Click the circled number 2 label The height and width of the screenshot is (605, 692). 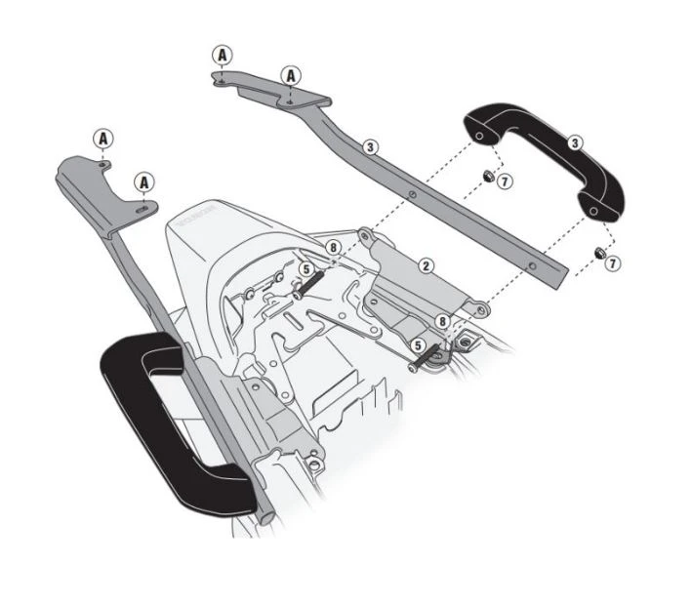coord(427,265)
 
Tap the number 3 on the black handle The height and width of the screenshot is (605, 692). coord(575,142)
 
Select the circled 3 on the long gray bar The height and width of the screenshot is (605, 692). coord(369,147)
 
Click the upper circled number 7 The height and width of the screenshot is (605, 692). coord(504,181)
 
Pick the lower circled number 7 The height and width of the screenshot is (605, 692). coord(612,262)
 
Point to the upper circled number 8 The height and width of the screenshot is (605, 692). coord(333,248)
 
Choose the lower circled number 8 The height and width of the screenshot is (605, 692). coord(442,320)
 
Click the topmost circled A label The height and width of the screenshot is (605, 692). coord(224,55)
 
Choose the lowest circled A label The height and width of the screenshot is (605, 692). coord(144,181)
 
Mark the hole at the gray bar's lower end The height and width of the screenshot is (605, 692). coord(534,263)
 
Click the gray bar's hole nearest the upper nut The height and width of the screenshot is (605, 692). coord(414,195)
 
